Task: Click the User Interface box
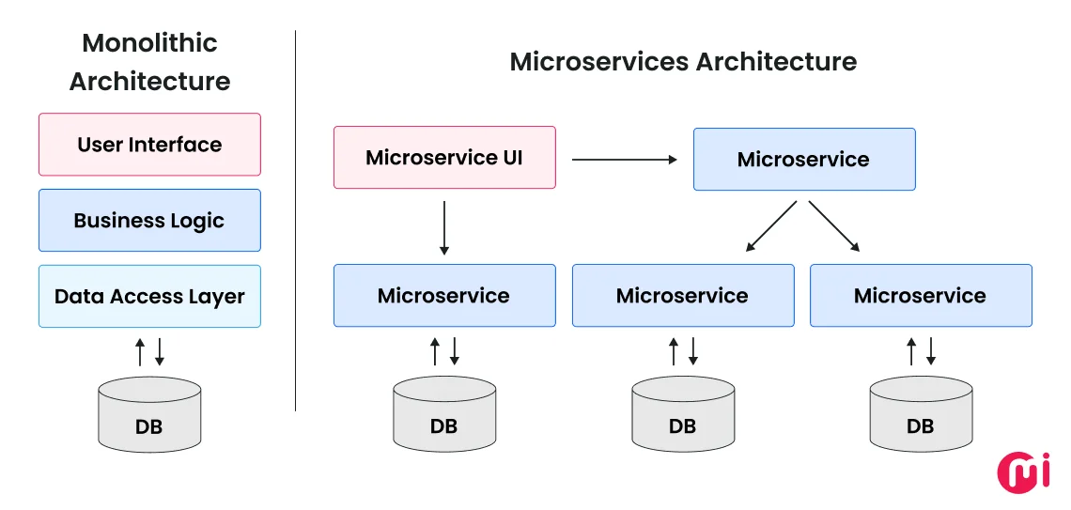pyautogui.click(x=149, y=145)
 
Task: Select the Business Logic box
pyautogui.click(x=149, y=221)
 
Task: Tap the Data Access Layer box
pyautogui.click(x=149, y=297)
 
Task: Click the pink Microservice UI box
pyautogui.click(x=444, y=158)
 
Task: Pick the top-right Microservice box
pyautogui.click(x=803, y=160)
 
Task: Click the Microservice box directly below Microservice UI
pyautogui.click(x=444, y=296)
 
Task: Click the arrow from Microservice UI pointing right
pyautogui.click(x=624, y=160)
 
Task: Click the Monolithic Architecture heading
pyautogui.click(x=149, y=62)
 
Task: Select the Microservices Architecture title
pyautogui.click(x=683, y=62)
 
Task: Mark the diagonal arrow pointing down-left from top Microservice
pyautogui.click(x=772, y=226)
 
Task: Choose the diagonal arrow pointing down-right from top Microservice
pyautogui.click(x=834, y=226)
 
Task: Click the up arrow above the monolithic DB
pyautogui.click(x=140, y=352)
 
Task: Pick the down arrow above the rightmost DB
pyautogui.click(x=931, y=352)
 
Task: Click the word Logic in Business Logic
pyautogui.click(x=196, y=222)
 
